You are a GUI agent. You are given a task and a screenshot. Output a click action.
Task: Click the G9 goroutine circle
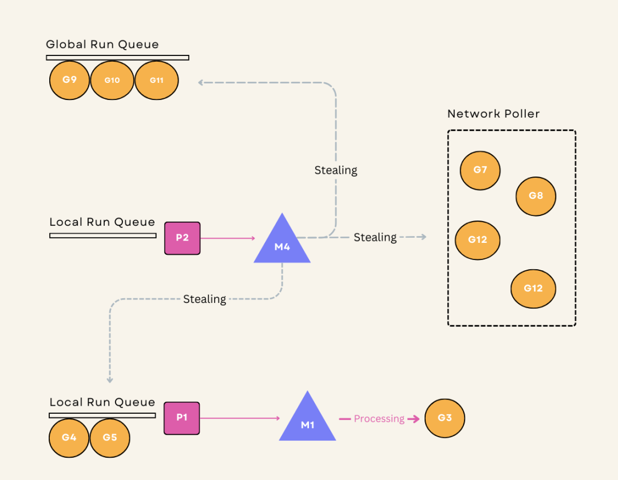69,80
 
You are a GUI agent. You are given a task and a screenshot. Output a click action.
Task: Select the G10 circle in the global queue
112,80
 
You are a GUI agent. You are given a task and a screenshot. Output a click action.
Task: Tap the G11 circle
157,80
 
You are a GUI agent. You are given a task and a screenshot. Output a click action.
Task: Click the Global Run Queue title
102,44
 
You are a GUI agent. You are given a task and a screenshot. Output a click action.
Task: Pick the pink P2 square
183,238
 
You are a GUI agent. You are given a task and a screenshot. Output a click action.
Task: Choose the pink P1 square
182,418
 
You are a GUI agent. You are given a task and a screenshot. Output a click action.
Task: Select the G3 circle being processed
445,418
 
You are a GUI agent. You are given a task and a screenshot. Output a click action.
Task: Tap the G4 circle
69,438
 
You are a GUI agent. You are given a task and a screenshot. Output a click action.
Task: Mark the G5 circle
110,438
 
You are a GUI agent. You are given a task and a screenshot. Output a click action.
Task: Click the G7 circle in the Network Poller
481,170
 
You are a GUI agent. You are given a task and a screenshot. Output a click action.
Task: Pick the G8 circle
536,197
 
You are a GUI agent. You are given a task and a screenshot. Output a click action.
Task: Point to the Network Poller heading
493,114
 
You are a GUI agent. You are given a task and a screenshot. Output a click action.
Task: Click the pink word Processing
379,419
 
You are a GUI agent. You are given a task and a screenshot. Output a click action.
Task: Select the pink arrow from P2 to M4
228,238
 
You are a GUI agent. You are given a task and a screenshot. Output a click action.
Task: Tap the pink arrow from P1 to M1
240,418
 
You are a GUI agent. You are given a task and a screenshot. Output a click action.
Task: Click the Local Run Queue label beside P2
102,222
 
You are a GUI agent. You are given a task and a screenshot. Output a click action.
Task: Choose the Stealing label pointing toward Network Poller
375,237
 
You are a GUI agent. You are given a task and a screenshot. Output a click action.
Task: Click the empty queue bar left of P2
103,235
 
